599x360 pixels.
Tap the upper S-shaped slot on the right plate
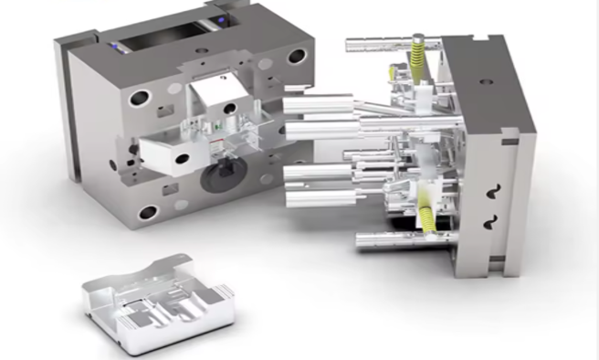[x=493, y=187]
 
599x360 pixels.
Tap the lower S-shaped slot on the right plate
[x=493, y=221]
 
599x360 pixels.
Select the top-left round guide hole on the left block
[x=140, y=95]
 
